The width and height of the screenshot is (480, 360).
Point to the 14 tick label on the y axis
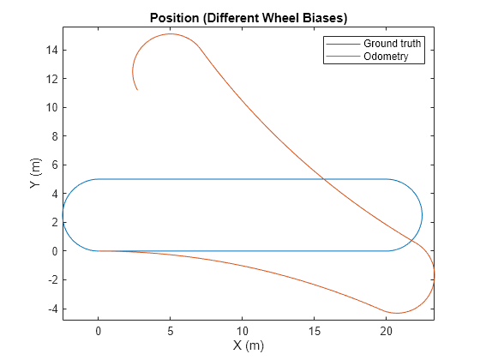(x=50, y=50)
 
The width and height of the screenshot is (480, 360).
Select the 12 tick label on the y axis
(x=50, y=79)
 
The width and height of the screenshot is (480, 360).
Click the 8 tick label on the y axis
(x=53, y=136)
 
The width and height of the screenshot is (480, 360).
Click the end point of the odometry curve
(x=137, y=90)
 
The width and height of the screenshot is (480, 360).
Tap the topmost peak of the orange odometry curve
(x=171, y=34)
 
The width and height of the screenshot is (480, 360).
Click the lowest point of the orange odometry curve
(x=396, y=313)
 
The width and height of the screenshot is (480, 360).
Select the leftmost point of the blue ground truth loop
(x=63, y=215)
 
